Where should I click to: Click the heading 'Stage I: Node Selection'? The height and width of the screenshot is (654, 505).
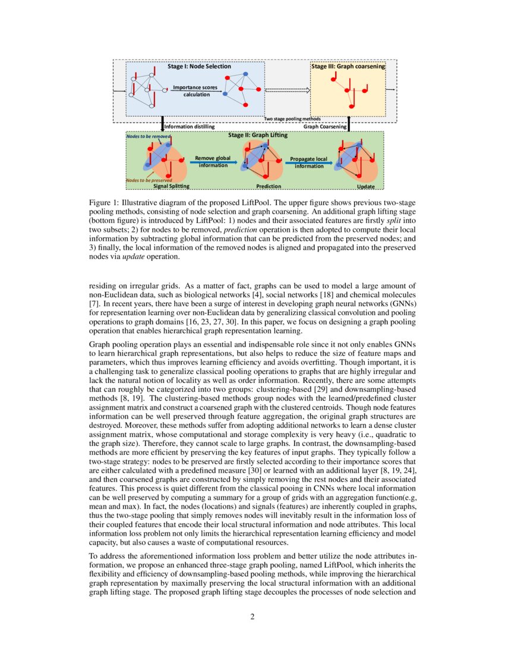click(x=198, y=67)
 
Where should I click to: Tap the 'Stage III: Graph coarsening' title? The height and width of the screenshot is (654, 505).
click(x=348, y=67)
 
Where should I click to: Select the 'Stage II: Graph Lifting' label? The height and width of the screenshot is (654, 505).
click(x=258, y=136)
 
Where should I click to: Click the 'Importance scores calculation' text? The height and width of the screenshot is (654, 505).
click(x=195, y=91)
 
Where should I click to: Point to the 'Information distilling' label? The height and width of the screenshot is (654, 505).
click(x=189, y=127)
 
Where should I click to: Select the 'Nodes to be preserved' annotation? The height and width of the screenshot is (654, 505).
click(x=149, y=180)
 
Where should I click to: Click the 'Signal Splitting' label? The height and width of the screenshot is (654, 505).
click(x=171, y=186)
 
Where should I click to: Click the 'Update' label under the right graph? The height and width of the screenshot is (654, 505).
click(x=365, y=186)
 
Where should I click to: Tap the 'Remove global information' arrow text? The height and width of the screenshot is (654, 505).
click(x=213, y=162)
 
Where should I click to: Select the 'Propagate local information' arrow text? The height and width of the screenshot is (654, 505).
click(x=309, y=162)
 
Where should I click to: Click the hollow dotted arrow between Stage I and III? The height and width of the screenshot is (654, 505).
click(x=288, y=90)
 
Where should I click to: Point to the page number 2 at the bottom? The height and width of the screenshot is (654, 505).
click(x=252, y=617)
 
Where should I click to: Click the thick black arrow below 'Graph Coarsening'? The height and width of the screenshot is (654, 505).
click(x=348, y=124)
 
